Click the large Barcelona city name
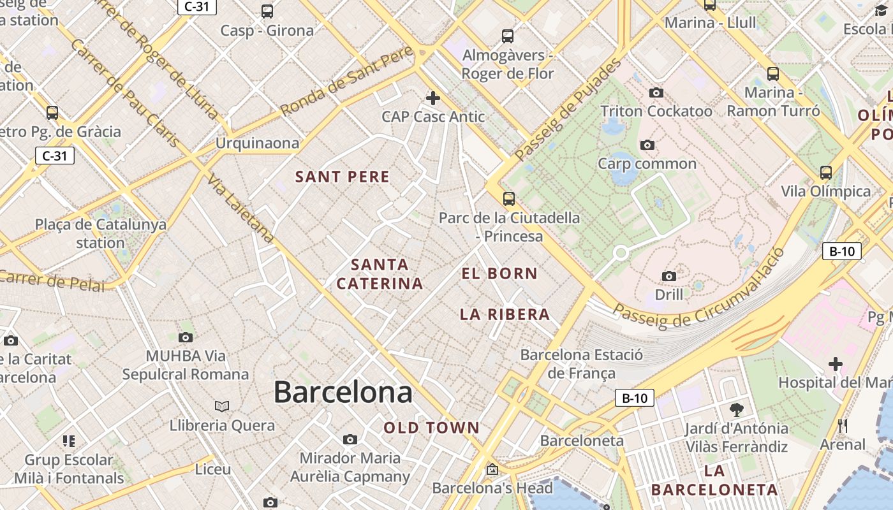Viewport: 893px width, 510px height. click(x=343, y=392)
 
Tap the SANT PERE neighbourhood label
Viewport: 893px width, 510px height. click(x=343, y=177)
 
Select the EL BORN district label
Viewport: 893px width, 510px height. click(x=499, y=273)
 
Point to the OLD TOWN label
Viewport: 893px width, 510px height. click(x=431, y=428)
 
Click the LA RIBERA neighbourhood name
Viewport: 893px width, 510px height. click(x=505, y=314)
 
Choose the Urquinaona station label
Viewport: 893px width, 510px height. click(x=257, y=143)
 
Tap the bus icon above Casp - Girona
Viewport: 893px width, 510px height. click(x=267, y=11)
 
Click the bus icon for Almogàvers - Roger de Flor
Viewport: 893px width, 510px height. click(x=508, y=36)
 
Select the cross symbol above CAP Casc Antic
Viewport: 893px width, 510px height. click(x=433, y=98)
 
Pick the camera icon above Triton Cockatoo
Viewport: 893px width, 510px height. click(x=656, y=93)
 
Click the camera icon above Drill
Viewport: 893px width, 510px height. click(x=668, y=276)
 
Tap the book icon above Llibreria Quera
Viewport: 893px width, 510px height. click(x=222, y=406)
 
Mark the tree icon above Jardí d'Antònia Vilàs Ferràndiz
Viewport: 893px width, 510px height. click(x=736, y=409)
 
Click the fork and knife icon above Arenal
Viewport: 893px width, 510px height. click(x=843, y=425)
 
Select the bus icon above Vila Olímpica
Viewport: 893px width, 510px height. click(x=826, y=172)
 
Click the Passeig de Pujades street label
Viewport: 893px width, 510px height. click(x=568, y=109)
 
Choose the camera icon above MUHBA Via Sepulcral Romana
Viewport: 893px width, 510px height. click(x=186, y=337)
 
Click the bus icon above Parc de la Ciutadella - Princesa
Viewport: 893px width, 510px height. click(x=508, y=198)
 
